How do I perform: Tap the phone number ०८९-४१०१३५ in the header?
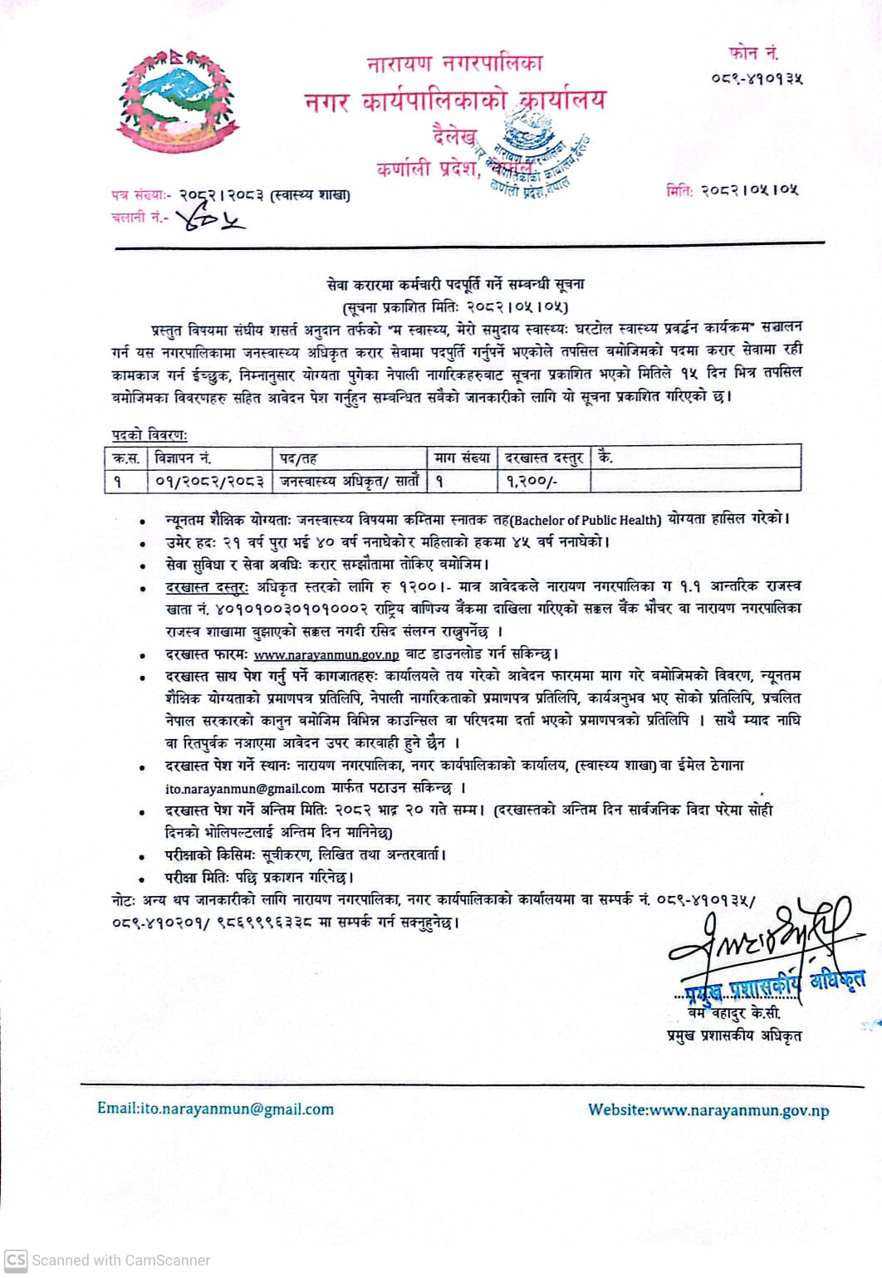757,79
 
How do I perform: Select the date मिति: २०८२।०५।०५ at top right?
732,190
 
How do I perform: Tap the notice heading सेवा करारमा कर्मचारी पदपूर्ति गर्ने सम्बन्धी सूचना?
455,284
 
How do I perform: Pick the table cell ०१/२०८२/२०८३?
209,481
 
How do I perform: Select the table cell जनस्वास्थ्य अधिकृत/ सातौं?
350,481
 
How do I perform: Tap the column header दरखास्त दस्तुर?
544,458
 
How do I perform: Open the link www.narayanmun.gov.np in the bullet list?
326,654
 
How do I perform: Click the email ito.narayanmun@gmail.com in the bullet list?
245,788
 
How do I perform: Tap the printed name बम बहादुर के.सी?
734,1014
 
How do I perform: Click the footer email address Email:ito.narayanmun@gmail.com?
215,1109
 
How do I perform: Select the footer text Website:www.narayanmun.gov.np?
708,1110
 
